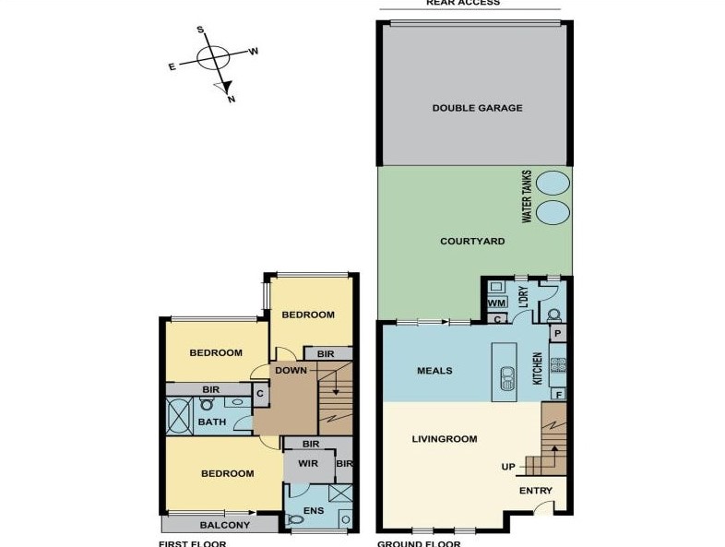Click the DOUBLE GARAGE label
(477, 108)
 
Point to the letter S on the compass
(199, 30)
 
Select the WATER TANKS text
(527, 196)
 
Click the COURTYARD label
(471, 241)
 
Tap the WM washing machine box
(496, 303)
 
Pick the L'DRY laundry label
(522, 297)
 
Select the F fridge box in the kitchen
(558, 395)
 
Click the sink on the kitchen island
(505, 377)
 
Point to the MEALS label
(434, 371)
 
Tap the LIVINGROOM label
(445, 439)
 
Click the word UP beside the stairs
(508, 467)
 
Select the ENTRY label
(535, 491)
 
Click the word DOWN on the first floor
(290, 371)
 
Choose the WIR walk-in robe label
(307, 464)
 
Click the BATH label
(211, 422)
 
